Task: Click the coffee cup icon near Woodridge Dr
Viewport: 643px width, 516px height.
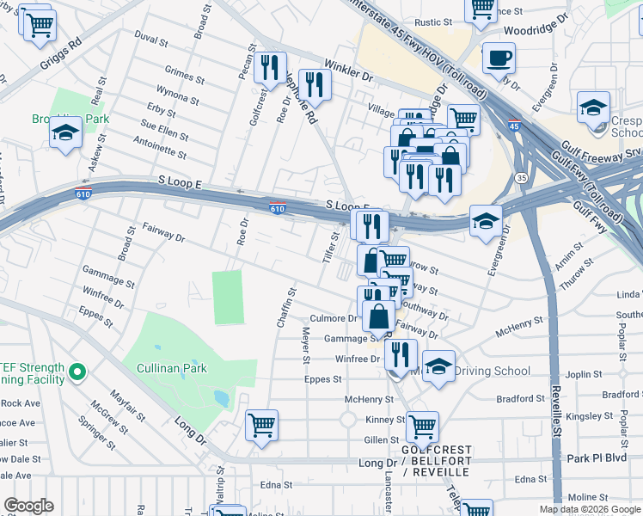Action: click(499, 58)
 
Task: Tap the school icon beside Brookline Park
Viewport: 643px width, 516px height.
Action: click(65, 133)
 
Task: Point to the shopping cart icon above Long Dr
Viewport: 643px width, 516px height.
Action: click(262, 424)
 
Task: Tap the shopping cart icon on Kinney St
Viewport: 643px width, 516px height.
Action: click(422, 426)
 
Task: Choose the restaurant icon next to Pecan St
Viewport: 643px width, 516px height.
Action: click(272, 67)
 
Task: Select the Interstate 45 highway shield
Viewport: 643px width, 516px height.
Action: click(513, 126)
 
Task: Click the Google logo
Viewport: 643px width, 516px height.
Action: click(28, 506)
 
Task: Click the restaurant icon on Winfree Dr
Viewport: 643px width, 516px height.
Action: click(401, 353)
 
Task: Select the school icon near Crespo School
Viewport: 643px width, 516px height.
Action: click(593, 107)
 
